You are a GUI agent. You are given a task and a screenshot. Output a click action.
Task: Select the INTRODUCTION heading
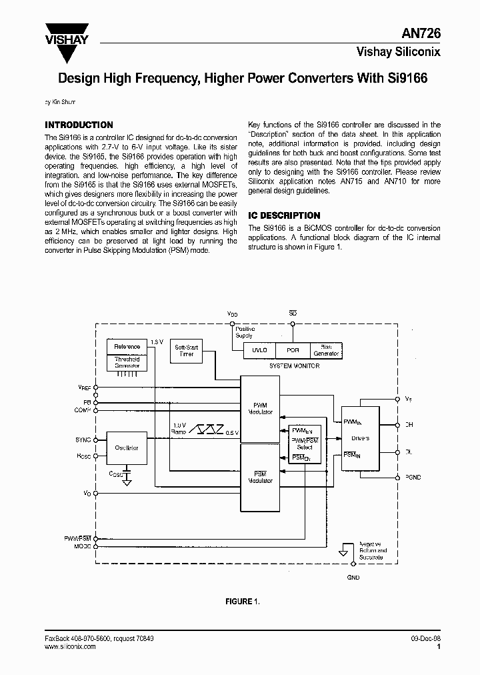tap(79, 125)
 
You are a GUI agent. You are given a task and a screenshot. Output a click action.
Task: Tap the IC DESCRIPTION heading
tap(284, 215)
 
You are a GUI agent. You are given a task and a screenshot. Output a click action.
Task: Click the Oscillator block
tap(126, 448)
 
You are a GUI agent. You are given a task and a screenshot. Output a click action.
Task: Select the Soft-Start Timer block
tap(187, 351)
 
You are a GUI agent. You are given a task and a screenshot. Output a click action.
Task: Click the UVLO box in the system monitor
tap(259, 350)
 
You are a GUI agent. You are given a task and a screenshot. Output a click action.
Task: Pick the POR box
tap(293, 350)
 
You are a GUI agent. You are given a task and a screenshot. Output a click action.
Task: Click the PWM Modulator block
tap(259, 409)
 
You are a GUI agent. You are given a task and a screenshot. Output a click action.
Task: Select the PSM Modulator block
tap(259, 477)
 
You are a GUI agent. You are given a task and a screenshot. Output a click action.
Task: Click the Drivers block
tap(360, 438)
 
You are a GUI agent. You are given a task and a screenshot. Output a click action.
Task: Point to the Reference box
tap(127, 347)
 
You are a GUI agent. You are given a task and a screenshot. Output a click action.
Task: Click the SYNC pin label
tap(83, 440)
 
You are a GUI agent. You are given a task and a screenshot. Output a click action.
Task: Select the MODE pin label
tap(83, 546)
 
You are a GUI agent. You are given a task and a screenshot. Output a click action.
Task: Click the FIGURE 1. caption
tap(242, 601)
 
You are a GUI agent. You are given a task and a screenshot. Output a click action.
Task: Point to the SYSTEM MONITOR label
tap(293, 366)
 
